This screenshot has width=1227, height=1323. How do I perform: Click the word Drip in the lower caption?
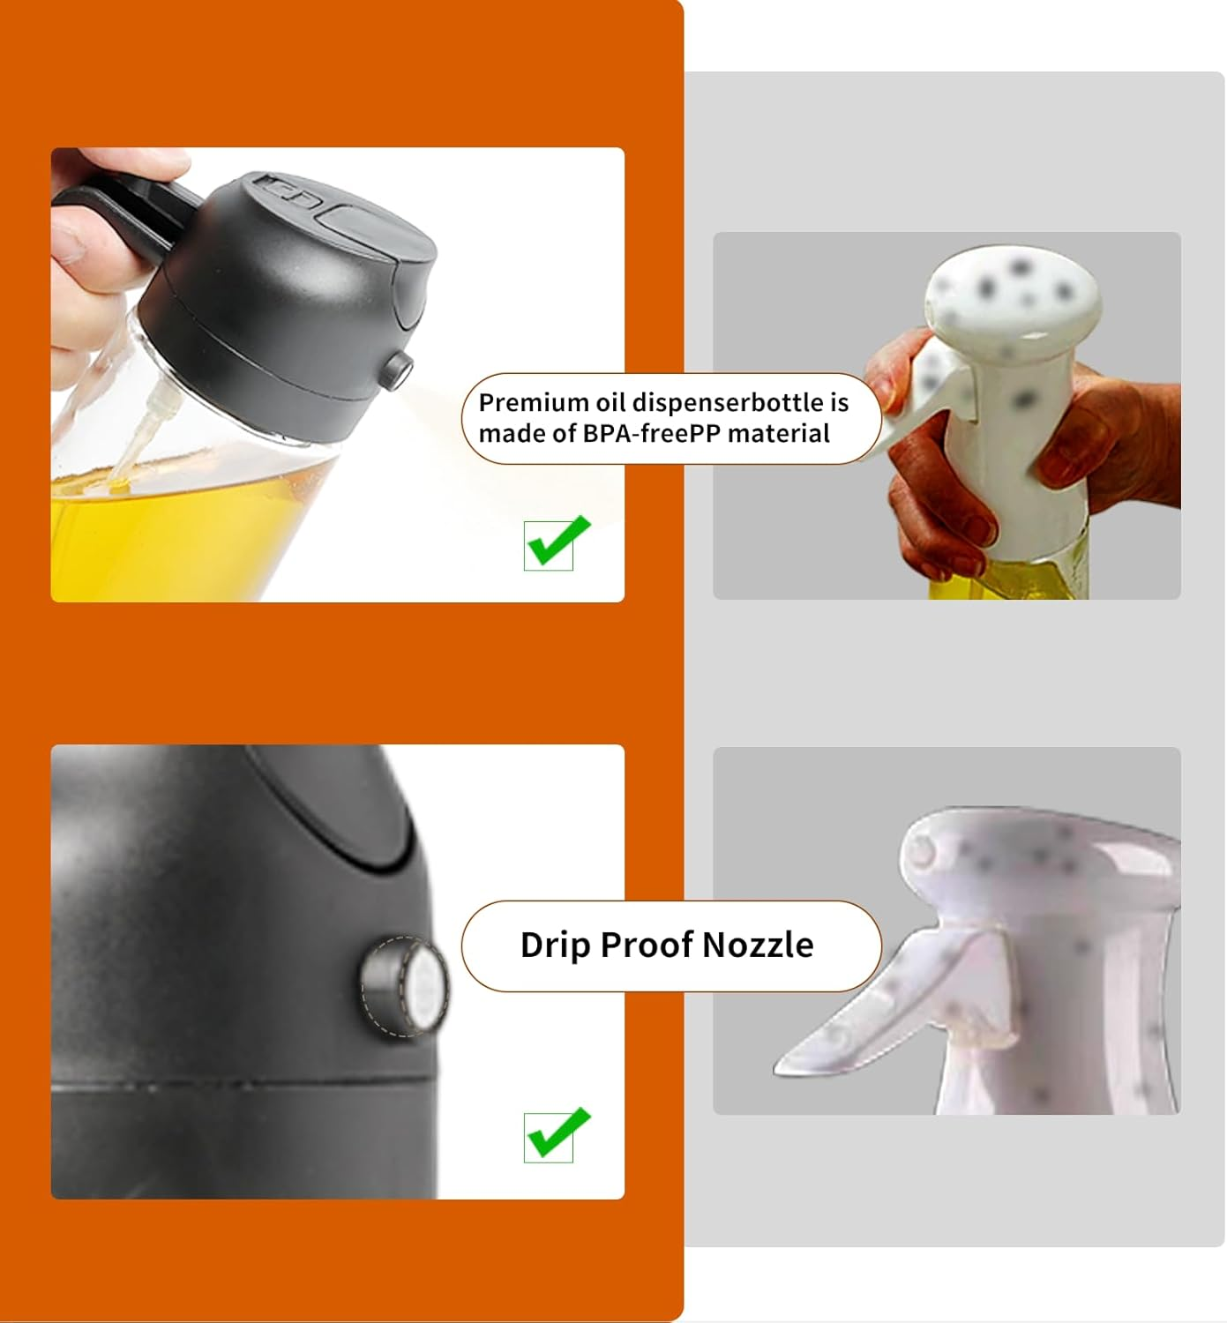coord(555,945)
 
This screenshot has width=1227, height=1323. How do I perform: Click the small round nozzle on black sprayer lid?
coord(399,369)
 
